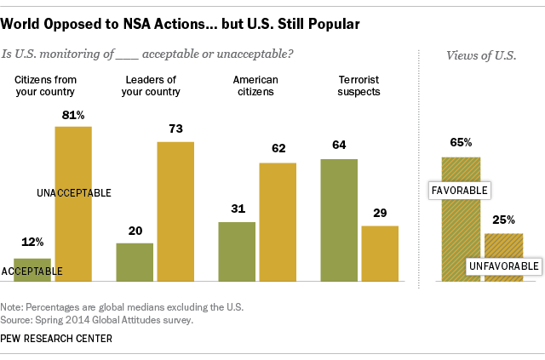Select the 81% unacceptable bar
73,204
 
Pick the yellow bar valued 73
175,211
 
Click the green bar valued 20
135,261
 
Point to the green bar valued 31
237,251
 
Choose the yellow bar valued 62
278,221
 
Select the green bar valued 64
339,220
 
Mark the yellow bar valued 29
380,253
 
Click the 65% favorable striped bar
461,219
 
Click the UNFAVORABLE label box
505,266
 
